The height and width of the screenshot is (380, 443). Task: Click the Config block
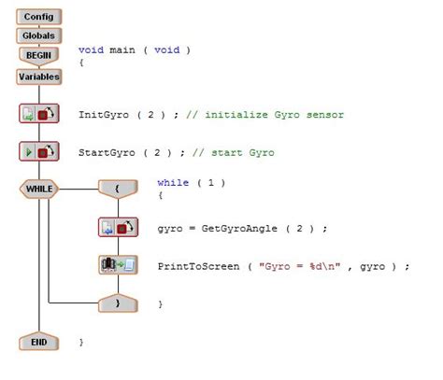click(x=38, y=17)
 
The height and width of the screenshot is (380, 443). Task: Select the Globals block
click(x=38, y=35)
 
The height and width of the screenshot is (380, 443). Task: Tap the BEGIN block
click(x=38, y=55)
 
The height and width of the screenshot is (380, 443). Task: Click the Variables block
click(x=38, y=76)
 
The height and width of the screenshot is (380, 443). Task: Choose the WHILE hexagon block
click(x=38, y=189)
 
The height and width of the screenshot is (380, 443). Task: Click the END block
click(x=38, y=342)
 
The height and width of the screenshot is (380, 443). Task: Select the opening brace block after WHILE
click(x=118, y=189)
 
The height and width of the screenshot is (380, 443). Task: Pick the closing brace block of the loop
click(x=118, y=303)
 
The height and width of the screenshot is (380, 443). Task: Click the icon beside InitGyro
click(x=38, y=114)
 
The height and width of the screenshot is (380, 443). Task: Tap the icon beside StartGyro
click(x=38, y=151)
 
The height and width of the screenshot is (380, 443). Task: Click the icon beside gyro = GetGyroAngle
click(x=118, y=228)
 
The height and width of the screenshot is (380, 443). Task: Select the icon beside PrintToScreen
click(x=118, y=265)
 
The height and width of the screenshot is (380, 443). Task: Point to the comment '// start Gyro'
click(x=234, y=152)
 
